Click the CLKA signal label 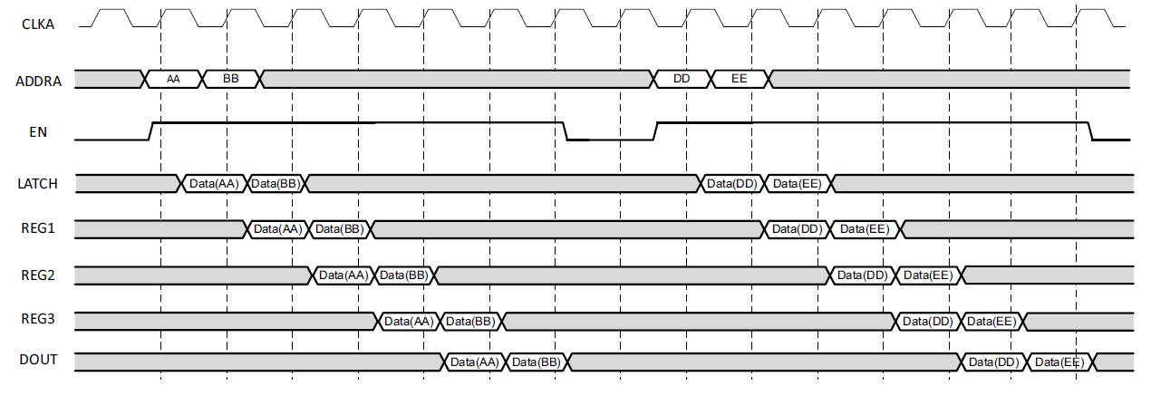pyautogui.click(x=37, y=24)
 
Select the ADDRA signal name pyautogui.click(x=39, y=81)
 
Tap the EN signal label pyautogui.click(x=38, y=132)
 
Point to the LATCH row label pyautogui.click(x=38, y=184)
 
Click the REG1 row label pyautogui.click(x=38, y=228)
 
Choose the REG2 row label pyautogui.click(x=38, y=274)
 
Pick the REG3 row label pyautogui.click(x=38, y=319)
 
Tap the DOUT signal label pyautogui.click(x=38, y=361)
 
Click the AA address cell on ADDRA pyautogui.click(x=173, y=79)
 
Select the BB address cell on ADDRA pyautogui.click(x=231, y=79)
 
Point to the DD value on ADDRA pyautogui.click(x=682, y=79)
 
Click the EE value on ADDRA pyautogui.click(x=740, y=79)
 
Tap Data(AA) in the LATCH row pyautogui.click(x=214, y=184)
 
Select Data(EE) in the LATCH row pyautogui.click(x=798, y=184)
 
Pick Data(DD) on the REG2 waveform pyautogui.click(x=862, y=275)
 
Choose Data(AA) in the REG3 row pyautogui.click(x=409, y=321)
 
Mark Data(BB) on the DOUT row pyautogui.click(x=535, y=362)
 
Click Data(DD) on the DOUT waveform pyautogui.click(x=993, y=362)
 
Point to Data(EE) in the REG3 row pyautogui.click(x=991, y=321)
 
